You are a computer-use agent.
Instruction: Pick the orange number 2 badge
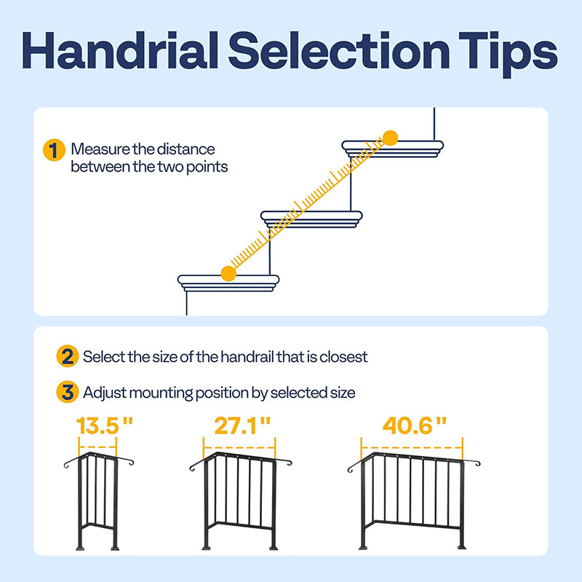tap(67, 357)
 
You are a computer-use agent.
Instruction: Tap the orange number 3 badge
tap(67, 394)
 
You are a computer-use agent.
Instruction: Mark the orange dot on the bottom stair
tap(228, 273)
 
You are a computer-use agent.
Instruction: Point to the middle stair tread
tap(311, 216)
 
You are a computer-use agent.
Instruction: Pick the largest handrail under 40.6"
tap(412, 502)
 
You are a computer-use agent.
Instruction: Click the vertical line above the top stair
tap(434, 124)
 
